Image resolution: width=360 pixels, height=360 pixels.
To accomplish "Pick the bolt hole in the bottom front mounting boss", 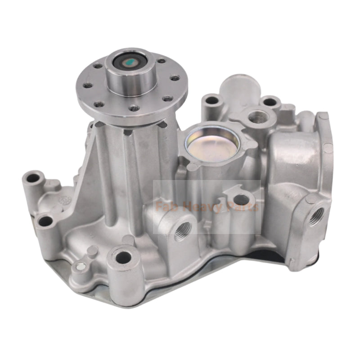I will [x=123, y=258].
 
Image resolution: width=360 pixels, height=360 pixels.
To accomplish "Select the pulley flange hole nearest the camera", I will [x=135, y=108].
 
